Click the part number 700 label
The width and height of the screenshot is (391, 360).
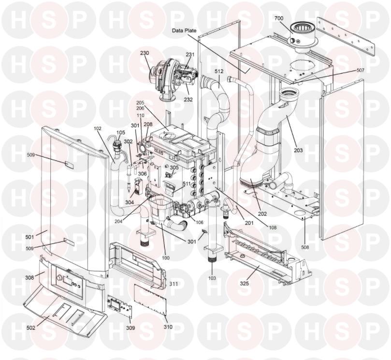279,18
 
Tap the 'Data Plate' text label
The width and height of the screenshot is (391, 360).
184,30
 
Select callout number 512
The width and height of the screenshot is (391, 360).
219,71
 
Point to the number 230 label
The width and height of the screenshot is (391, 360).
145,53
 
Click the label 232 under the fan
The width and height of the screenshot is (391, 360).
188,100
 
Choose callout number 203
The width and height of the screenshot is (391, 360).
298,150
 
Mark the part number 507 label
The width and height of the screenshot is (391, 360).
360,70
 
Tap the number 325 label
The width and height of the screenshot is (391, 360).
245,283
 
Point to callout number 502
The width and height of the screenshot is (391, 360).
30,328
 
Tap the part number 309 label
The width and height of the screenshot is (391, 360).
130,328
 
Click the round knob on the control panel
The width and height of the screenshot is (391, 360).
59,279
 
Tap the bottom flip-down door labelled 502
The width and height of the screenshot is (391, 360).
65,310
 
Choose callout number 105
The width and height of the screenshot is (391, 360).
120,132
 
